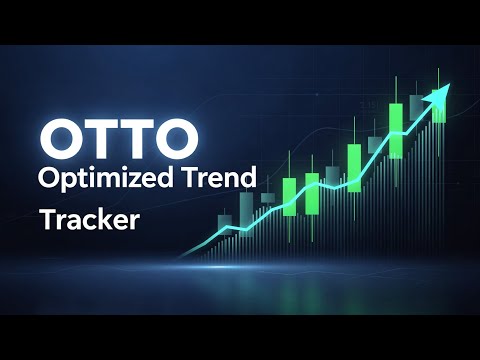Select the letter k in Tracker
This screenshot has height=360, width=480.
coord(102,217)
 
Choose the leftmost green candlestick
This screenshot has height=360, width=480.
coord(286,198)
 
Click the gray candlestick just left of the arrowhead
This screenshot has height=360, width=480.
coord(417,113)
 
